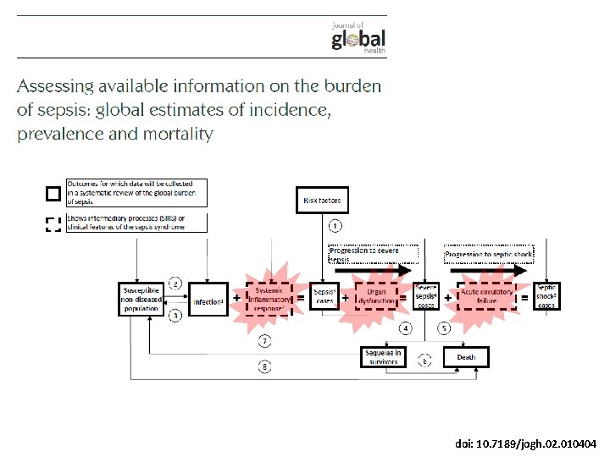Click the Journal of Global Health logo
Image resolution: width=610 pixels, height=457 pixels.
pos(358,37)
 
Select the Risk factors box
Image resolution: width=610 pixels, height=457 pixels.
pos(322,201)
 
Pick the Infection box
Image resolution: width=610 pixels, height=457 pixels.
pos(208,300)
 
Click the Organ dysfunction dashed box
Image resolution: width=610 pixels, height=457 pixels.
pos(375,298)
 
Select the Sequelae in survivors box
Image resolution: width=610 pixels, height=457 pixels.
pos(384,357)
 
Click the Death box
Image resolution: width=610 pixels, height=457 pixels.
pos(466,357)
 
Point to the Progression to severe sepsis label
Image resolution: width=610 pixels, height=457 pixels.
pos(373,254)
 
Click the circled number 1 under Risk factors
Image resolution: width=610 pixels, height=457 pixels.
pos(335,226)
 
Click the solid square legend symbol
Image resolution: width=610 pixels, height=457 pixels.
pos(53,194)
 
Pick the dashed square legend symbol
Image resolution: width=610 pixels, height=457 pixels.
pos(53,224)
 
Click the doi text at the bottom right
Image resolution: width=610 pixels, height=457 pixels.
pos(525,443)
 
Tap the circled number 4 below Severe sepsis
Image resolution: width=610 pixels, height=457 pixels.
pos(407,328)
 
